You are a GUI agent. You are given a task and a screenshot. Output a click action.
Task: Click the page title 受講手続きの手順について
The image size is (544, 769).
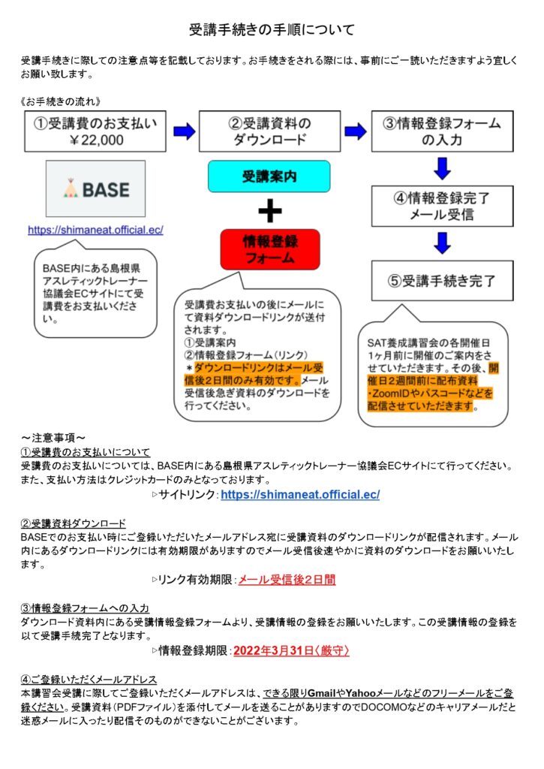pyautogui.click(x=272, y=30)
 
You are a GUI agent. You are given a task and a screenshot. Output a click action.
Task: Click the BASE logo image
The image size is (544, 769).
pyautogui.click(x=95, y=188)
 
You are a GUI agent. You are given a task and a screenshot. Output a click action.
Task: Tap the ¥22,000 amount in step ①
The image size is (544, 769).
pyautogui.click(x=96, y=140)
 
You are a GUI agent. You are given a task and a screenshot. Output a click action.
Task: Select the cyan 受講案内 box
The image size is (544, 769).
pyautogui.click(x=269, y=176)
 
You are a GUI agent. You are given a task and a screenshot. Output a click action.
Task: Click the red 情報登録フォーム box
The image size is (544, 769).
pyautogui.click(x=270, y=249)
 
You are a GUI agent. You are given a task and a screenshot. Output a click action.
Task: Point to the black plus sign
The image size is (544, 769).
pyautogui.click(x=270, y=211)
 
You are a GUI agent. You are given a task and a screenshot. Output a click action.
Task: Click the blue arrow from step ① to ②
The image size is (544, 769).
pyautogui.click(x=185, y=131)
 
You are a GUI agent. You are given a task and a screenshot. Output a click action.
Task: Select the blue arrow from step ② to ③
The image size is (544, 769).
pyautogui.click(x=356, y=131)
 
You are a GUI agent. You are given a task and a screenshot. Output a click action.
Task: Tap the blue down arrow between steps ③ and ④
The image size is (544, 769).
pyautogui.click(x=442, y=168)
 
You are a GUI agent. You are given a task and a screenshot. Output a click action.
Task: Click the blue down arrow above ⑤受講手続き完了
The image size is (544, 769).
pyautogui.click(x=442, y=243)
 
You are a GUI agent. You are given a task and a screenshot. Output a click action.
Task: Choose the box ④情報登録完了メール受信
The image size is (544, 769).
pyautogui.click(x=442, y=206)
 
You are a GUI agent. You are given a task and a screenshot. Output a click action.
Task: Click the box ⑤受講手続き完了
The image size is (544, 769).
pyautogui.click(x=442, y=281)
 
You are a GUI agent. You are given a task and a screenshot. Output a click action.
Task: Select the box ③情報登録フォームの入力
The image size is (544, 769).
pyautogui.click(x=442, y=131)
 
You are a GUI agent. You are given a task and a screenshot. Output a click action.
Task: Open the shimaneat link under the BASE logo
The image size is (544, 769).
pyautogui.click(x=95, y=230)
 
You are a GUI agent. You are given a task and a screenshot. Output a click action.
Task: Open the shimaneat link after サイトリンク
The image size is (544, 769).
pyautogui.click(x=300, y=494)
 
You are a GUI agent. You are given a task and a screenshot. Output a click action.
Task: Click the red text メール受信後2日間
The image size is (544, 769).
pyautogui.click(x=287, y=580)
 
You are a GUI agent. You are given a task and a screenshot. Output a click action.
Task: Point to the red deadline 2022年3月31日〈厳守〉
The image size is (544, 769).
pyautogui.click(x=291, y=651)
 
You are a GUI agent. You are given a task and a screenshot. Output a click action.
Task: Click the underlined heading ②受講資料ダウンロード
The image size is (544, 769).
pyautogui.click(x=73, y=523)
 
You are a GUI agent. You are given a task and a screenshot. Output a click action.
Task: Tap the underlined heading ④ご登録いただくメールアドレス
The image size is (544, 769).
pyautogui.click(x=89, y=679)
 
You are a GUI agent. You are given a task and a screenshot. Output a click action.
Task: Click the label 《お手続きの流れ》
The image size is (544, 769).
pyautogui.click(x=61, y=101)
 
